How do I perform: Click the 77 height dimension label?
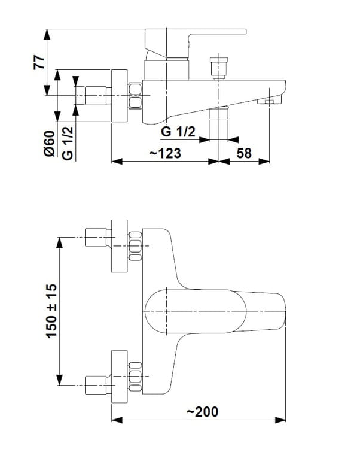(39, 63)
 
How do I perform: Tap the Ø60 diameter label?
(49, 144)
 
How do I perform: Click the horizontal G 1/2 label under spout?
(178, 132)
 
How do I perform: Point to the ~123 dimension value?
(165, 153)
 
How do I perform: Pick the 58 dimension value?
(244, 153)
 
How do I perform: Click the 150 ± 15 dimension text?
(51, 311)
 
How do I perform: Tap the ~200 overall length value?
(203, 412)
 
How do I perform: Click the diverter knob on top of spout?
(219, 68)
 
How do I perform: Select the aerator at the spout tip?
(269, 101)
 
